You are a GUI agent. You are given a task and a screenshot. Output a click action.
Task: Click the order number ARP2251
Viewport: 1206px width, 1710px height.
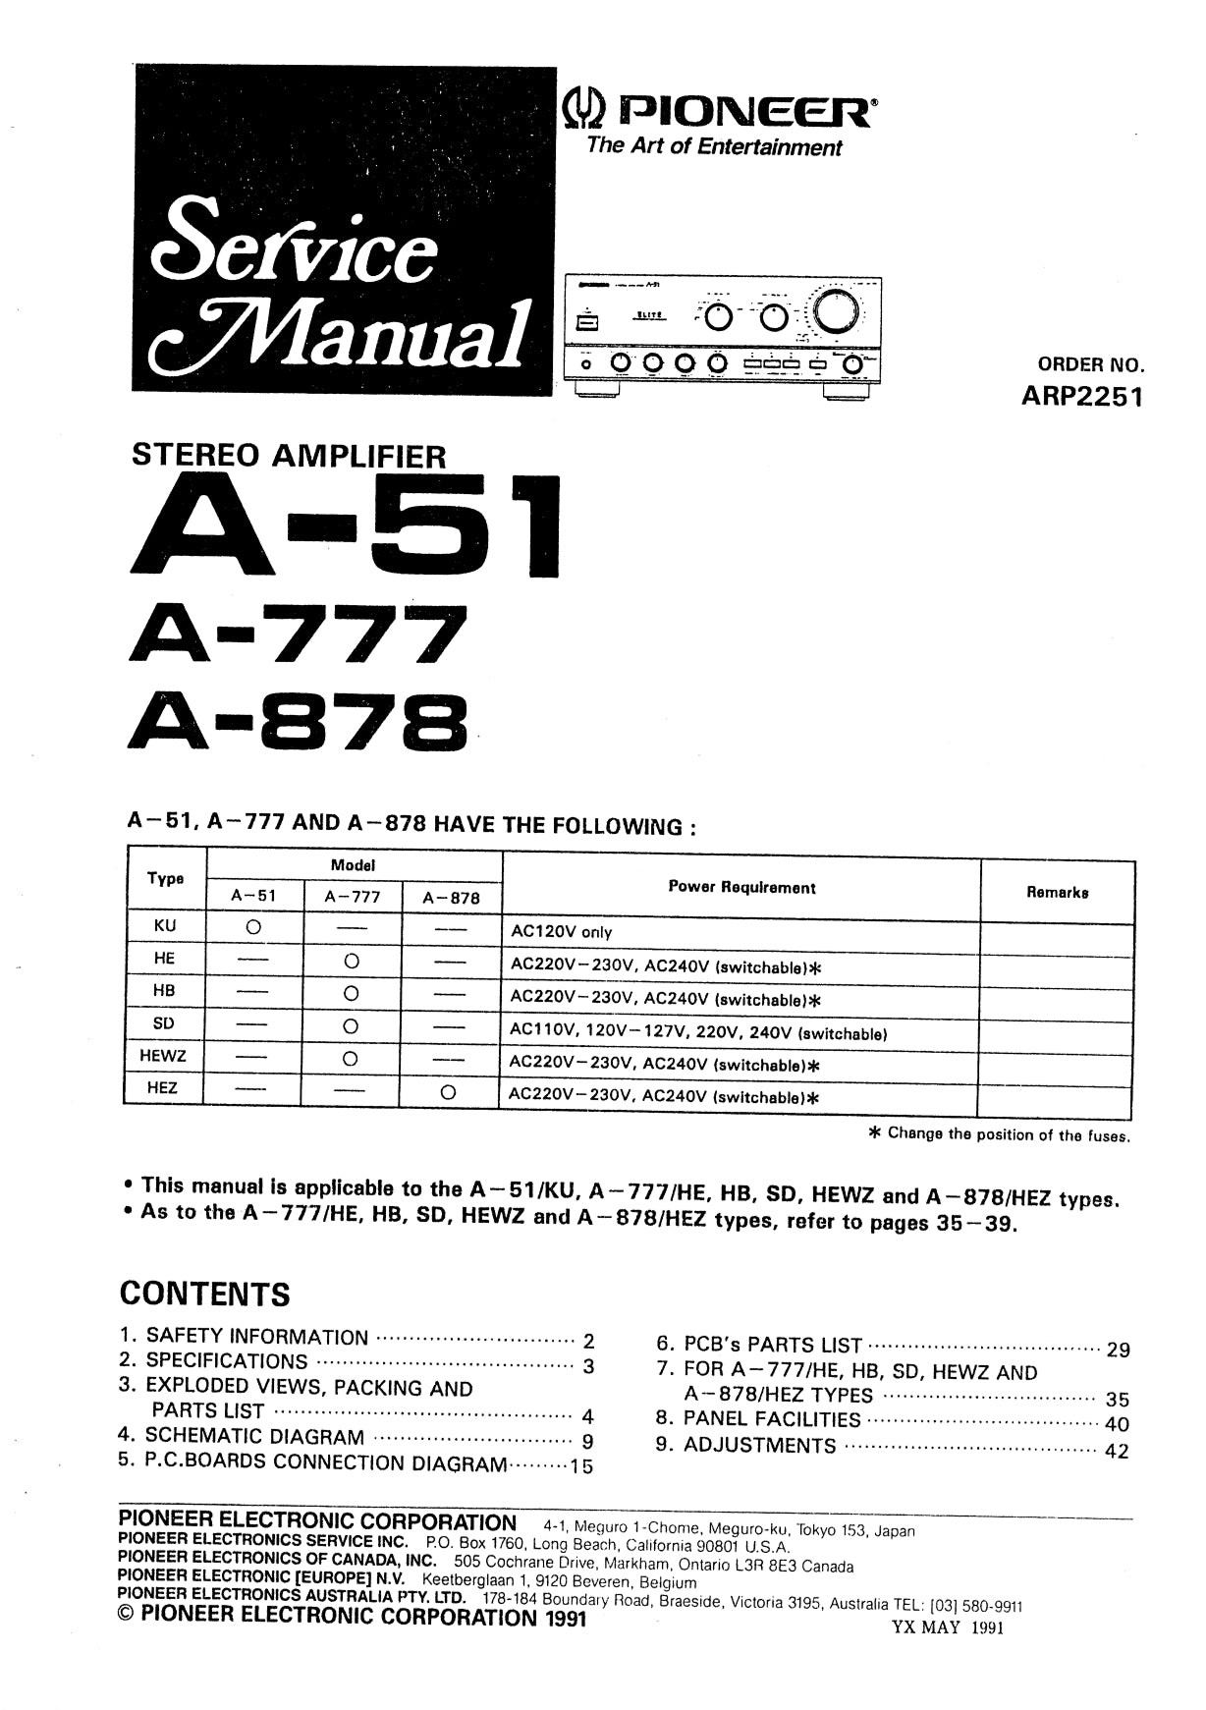click(1083, 400)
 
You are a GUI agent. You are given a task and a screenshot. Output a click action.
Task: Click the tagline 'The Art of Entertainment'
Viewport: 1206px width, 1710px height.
click(714, 147)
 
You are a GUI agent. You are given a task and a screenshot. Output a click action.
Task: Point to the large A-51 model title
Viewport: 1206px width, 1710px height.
click(345, 529)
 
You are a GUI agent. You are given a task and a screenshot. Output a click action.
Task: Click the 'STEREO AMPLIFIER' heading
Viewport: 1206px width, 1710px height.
click(289, 456)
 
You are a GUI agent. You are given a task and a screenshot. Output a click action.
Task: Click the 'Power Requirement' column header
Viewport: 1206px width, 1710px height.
click(741, 887)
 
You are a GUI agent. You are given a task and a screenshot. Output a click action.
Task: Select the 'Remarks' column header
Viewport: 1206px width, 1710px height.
click(1057, 893)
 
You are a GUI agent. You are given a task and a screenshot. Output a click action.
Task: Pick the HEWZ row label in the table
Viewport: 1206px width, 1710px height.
click(163, 1057)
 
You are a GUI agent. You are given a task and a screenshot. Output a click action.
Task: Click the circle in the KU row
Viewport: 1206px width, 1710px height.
click(253, 927)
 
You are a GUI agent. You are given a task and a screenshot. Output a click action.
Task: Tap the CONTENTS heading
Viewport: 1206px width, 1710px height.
click(205, 1294)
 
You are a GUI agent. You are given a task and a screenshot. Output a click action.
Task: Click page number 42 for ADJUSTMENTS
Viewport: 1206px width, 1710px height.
click(1117, 1451)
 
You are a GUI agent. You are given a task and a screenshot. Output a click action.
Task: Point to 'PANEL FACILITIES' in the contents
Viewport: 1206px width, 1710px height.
click(771, 1419)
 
